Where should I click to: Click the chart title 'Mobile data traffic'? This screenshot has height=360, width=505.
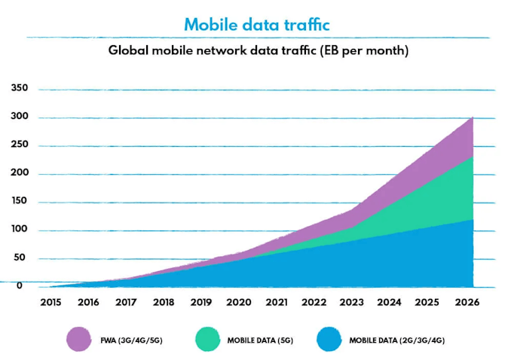pos(257,24)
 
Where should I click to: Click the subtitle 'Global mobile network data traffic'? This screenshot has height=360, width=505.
pos(257,51)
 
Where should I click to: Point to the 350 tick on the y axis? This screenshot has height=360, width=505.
pos(20,88)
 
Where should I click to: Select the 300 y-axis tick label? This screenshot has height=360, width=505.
pos(20,117)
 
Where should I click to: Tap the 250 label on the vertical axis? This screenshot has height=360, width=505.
pos(20,145)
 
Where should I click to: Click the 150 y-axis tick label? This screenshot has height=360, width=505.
pos(20,202)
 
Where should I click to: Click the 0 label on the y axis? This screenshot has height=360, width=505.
pos(20,285)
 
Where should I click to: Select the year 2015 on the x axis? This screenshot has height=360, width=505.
pos(50,303)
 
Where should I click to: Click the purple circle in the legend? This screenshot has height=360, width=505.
pos(78,339)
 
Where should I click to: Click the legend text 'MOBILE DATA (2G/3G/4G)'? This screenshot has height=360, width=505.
pos(398,340)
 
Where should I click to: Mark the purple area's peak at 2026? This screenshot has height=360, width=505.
pos(473,117)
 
